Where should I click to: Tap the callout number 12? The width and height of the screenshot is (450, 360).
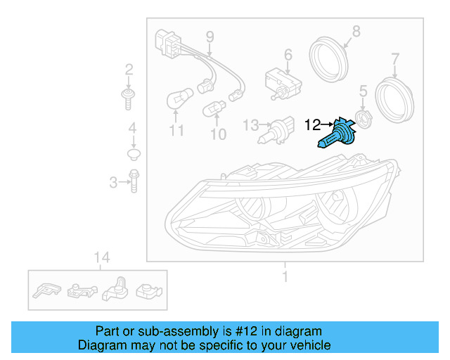point(312,125)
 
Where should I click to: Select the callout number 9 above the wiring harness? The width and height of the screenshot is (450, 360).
point(209,36)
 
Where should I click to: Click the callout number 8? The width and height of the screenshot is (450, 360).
point(356,31)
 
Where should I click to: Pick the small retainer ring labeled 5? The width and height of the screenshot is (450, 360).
point(363,117)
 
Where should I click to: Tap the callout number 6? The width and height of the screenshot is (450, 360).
point(288,54)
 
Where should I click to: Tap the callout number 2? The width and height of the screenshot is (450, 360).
point(129,69)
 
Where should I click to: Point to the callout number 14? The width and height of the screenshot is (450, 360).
point(102,258)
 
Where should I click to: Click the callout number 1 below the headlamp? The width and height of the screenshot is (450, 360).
point(285,276)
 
